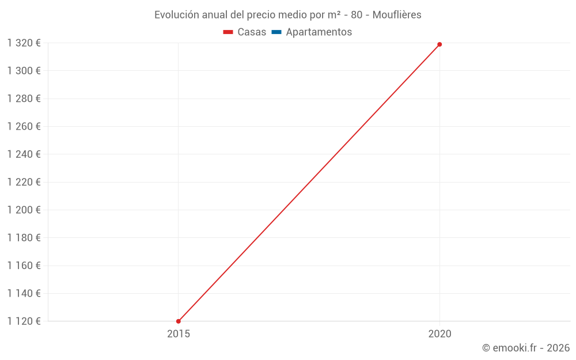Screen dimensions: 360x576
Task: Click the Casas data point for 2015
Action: pyautogui.click(x=179, y=321)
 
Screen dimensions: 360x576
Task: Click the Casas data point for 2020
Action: pyautogui.click(x=439, y=44)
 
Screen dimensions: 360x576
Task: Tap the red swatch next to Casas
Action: pyautogui.click(x=228, y=32)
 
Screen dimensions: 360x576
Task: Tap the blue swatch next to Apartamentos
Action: pyautogui.click(x=276, y=32)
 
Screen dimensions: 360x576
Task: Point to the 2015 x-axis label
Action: pyautogui.click(x=179, y=334)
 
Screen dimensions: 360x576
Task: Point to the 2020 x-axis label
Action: pyautogui.click(x=440, y=334)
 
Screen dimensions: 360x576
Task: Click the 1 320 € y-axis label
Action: pyautogui.click(x=24, y=43)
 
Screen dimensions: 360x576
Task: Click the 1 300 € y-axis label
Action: pyautogui.click(x=24, y=71)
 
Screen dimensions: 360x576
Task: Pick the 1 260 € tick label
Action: pyautogui.click(x=24, y=126)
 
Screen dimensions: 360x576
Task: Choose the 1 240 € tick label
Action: pyautogui.click(x=24, y=154)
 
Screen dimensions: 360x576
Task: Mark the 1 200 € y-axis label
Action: pyautogui.click(x=24, y=210)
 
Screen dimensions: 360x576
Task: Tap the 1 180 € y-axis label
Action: pyautogui.click(x=24, y=238)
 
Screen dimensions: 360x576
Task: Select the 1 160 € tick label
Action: pyautogui.click(x=24, y=266)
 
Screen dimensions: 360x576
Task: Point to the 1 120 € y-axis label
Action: pyautogui.click(x=24, y=321)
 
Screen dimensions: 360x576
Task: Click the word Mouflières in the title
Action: pyautogui.click(x=397, y=15)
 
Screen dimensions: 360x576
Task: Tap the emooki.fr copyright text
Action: pyautogui.click(x=526, y=348)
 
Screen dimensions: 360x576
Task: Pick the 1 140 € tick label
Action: pyautogui.click(x=24, y=293)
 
